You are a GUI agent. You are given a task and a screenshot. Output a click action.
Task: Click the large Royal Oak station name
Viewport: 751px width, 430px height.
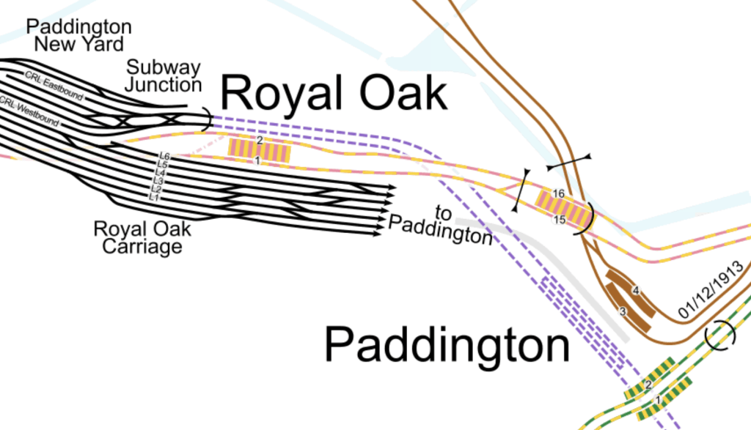[x=334, y=93]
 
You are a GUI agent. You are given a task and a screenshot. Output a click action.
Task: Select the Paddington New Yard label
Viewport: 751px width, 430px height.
[x=79, y=35]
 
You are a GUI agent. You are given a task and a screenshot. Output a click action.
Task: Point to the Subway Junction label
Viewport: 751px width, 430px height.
[x=163, y=76]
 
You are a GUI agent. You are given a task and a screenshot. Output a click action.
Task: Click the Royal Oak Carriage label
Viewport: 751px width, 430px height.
[x=142, y=237]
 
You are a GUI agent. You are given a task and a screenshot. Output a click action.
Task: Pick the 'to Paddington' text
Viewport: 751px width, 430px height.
[x=441, y=226]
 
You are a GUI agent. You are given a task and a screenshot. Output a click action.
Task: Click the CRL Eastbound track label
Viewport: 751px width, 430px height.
[x=54, y=85]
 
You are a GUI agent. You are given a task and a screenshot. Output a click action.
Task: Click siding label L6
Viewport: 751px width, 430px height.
[x=164, y=157]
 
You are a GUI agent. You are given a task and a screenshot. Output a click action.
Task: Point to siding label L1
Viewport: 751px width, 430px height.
[x=154, y=196]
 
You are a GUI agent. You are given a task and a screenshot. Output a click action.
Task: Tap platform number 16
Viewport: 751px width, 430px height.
[x=559, y=193]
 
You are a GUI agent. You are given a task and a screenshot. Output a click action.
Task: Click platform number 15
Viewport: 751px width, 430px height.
[x=559, y=220]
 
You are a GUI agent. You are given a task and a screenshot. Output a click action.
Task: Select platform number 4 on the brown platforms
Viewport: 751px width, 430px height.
[x=636, y=291]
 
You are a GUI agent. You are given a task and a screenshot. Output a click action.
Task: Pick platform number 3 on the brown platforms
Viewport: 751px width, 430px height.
[x=623, y=311]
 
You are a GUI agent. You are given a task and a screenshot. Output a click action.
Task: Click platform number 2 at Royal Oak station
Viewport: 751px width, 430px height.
[x=260, y=140]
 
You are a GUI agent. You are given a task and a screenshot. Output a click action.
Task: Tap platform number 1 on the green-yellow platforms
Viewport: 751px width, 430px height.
[x=658, y=400]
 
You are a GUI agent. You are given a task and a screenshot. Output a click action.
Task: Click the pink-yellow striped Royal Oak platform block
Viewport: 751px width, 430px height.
[x=260, y=150]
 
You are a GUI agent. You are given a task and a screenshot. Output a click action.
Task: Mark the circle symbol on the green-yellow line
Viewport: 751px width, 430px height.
[x=719, y=336]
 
